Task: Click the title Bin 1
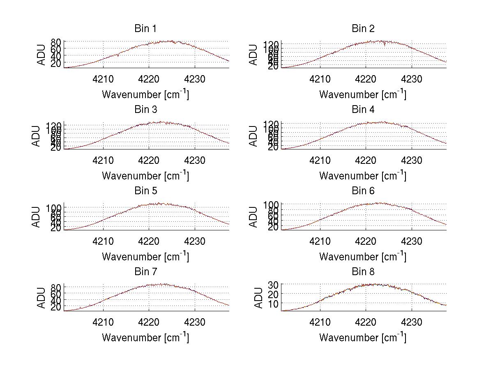click(145, 28)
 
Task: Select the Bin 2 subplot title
click(363, 28)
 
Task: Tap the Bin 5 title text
click(145, 191)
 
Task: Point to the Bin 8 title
click(363, 271)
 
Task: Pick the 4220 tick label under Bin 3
click(149, 160)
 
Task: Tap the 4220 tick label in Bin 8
click(366, 322)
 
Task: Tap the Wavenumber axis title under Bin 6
click(363, 257)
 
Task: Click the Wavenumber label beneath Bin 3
click(145, 176)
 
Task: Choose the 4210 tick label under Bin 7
click(103, 322)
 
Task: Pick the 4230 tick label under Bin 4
click(412, 160)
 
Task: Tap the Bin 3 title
click(145, 110)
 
